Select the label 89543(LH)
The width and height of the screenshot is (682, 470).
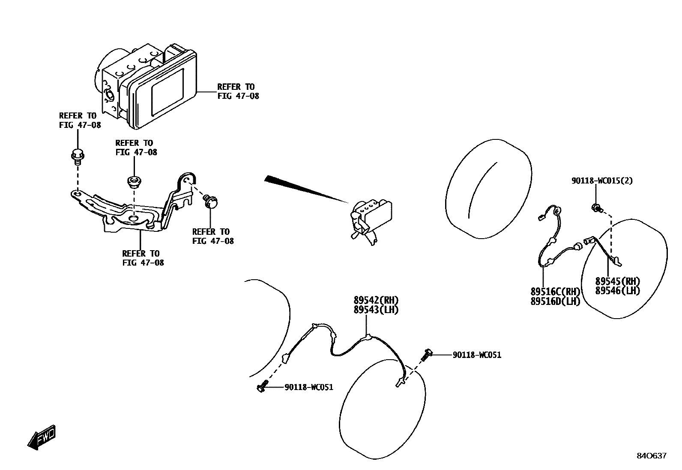pyautogui.click(x=376, y=310)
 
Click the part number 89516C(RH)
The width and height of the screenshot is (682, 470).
pyautogui.click(x=555, y=292)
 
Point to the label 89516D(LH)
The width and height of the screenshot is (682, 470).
pyautogui.click(x=555, y=302)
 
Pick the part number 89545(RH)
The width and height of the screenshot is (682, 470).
pyautogui.click(x=617, y=281)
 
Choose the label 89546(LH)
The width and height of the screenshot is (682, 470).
pyautogui.click(x=617, y=291)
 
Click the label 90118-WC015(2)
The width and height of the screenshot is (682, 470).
pyautogui.click(x=601, y=181)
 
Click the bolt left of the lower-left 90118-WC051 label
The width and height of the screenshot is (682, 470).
pyautogui.click(x=262, y=387)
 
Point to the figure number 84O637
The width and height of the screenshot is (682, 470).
pyautogui.click(x=651, y=456)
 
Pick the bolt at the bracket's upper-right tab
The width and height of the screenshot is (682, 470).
pyautogui.click(x=211, y=201)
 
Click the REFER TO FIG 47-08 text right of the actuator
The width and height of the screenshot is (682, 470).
pyautogui.click(x=238, y=92)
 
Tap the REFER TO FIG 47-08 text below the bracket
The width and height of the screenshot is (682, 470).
pyautogui.click(x=143, y=258)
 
